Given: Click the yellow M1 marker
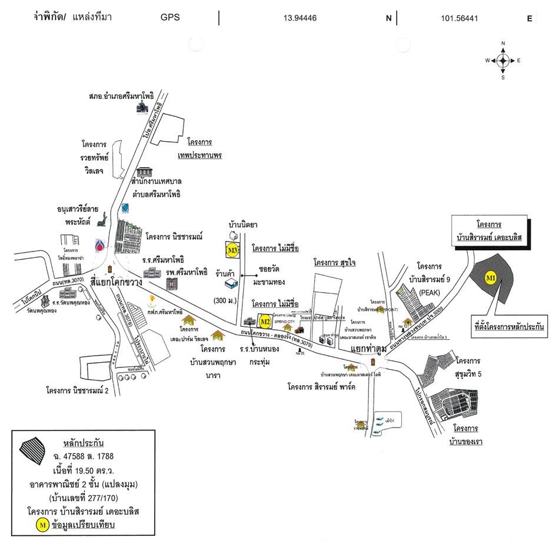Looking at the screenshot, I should click(x=490, y=277).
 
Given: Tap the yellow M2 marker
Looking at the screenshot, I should click(x=265, y=322).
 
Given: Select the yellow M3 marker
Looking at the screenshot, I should click(x=232, y=250).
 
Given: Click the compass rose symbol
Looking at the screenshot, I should click(x=503, y=60).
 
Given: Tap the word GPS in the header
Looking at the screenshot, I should click(x=170, y=18).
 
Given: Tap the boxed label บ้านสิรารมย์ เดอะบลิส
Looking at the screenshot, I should click(x=488, y=233).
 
